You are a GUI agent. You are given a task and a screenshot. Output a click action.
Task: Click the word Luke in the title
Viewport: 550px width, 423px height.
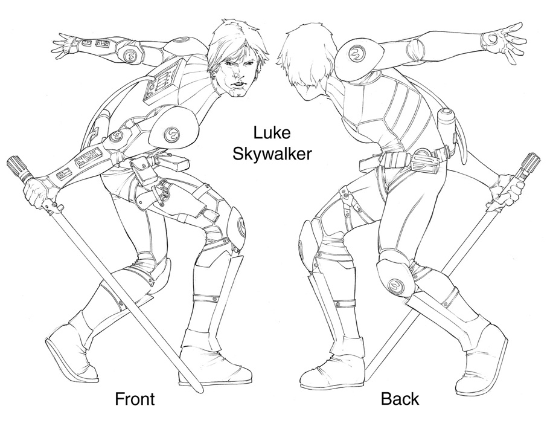pyautogui.click(x=272, y=134)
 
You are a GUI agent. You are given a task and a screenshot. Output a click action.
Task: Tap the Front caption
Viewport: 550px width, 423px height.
pyautogui.click(x=135, y=399)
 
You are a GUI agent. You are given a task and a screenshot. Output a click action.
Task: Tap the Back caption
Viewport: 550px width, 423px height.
pyautogui.click(x=400, y=399)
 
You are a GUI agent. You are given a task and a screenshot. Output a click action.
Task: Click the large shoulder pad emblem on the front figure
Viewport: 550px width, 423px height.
pyautogui.click(x=171, y=134)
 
